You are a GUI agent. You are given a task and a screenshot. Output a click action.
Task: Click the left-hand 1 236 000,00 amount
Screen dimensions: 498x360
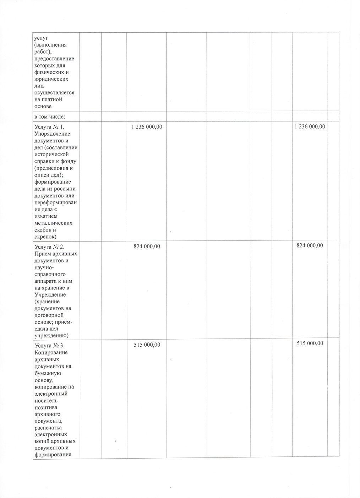click(147, 127)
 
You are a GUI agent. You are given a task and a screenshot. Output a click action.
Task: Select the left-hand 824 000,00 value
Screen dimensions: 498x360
click(147, 246)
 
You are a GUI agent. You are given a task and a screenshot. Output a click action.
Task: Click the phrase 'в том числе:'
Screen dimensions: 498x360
click(49, 116)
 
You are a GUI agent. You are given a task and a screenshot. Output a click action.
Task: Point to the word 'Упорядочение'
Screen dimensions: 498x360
click(52, 134)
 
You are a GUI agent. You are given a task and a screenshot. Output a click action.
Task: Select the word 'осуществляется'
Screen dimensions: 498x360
click(54, 93)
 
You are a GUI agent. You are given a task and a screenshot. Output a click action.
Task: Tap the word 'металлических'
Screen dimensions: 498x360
click(53, 223)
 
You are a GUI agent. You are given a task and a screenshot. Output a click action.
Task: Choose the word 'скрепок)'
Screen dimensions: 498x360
click(46, 237)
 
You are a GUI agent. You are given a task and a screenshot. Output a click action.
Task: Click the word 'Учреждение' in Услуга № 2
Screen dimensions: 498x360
click(50, 295)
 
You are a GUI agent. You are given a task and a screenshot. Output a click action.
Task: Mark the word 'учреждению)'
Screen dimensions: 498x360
click(51, 335)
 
